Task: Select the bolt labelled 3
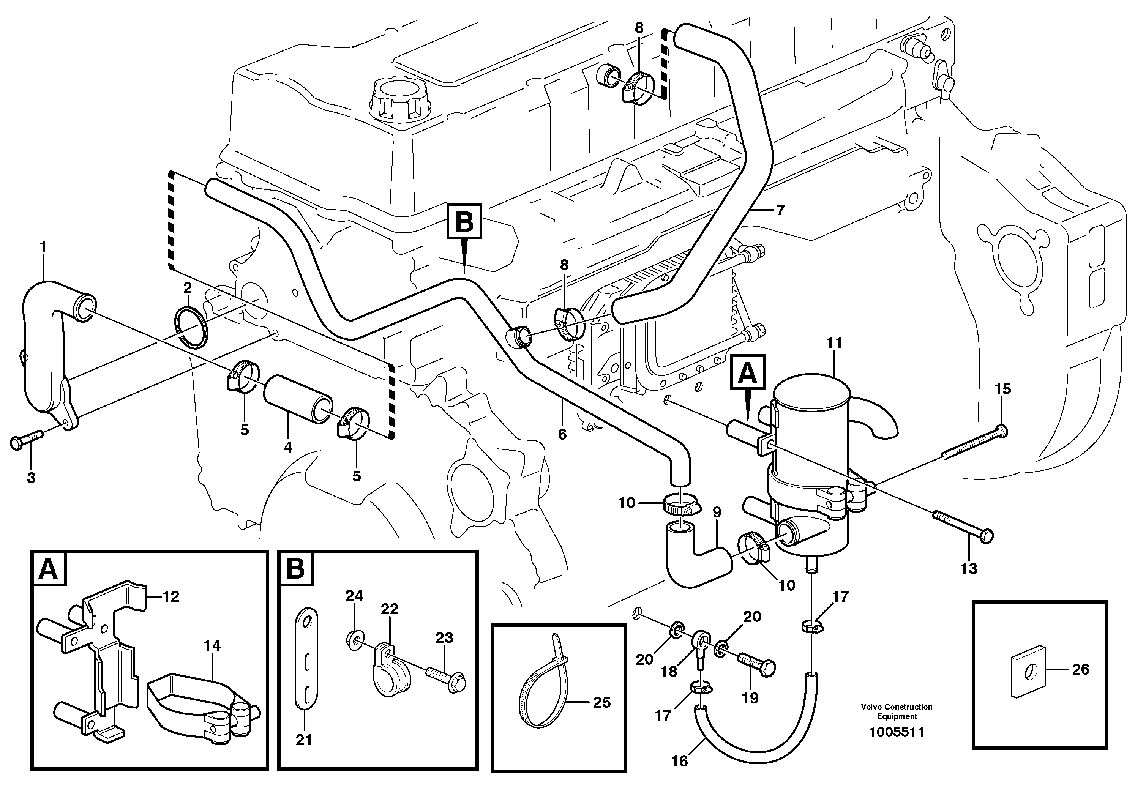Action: [x=26, y=440]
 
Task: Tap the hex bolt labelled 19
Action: [x=757, y=665]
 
